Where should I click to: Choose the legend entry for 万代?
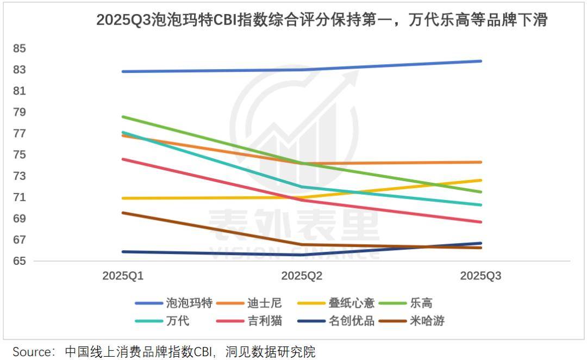(x=177, y=321)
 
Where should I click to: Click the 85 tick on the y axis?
(x=20, y=48)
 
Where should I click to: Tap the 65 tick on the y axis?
(x=20, y=261)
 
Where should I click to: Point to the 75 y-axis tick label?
(x=20, y=155)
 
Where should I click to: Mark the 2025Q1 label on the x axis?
(x=123, y=276)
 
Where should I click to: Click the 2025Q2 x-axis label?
(x=302, y=276)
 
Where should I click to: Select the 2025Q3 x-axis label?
(x=480, y=276)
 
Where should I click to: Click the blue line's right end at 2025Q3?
(x=480, y=61)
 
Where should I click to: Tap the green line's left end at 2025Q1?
(x=123, y=116)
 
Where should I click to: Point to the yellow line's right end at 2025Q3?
(x=480, y=180)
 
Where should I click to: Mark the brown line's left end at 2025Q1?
(x=123, y=213)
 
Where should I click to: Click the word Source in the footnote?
(x=31, y=351)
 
